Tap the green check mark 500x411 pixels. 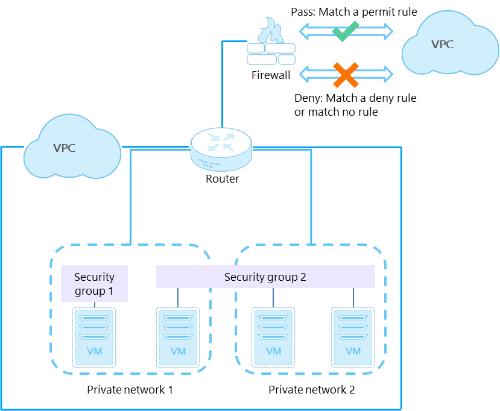click(x=346, y=31)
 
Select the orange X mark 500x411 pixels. click(x=346, y=75)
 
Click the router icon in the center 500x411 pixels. click(x=221, y=149)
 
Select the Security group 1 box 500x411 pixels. click(x=95, y=283)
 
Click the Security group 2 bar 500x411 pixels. click(x=265, y=277)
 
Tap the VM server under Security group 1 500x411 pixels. click(x=94, y=337)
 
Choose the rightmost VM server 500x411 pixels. click(x=353, y=337)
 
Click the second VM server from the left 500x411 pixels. click(x=178, y=337)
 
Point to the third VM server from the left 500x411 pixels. click(x=273, y=337)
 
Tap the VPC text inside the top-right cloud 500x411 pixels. click(x=442, y=45)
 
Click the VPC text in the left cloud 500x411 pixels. click(x=65, y=148)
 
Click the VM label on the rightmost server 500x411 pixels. click(x=353, y=351)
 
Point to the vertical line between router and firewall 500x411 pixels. click(x=222, y=90)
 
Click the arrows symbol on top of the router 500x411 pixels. click(x=221, y=142)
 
